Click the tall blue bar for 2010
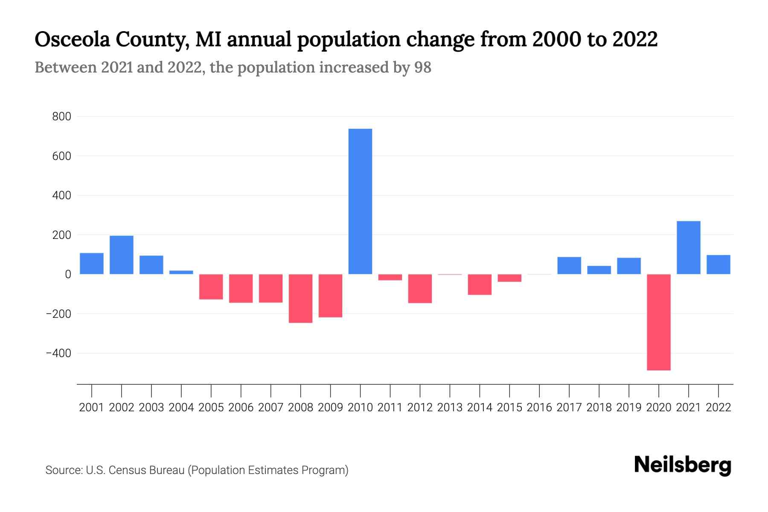360,201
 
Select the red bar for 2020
659,322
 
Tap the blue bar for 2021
689,247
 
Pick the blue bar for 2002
122,255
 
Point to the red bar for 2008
300,298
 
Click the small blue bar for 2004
181,272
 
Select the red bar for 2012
420,288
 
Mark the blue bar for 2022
719,265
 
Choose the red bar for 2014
480,284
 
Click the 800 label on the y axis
61,116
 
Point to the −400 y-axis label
58,353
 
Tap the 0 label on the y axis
67,274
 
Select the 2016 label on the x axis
539,407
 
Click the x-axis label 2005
211,407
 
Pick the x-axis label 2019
629,407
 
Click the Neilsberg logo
683,465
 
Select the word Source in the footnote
63,470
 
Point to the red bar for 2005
211,287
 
